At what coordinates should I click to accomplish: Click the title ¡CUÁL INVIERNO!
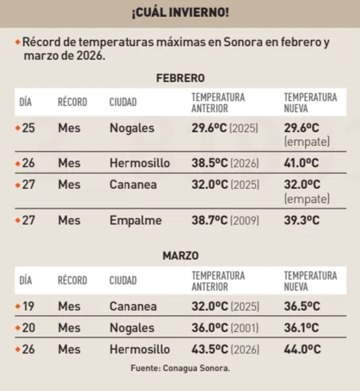coord(180,13)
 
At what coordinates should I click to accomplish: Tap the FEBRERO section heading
coord(180,78)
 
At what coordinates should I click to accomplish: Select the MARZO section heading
coord(180,256)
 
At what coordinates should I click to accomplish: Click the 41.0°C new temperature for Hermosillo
coord(301,163)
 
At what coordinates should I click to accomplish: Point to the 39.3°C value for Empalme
coord(302,221)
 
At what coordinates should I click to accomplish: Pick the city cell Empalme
coord(135,221)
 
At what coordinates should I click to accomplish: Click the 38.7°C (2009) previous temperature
coord(225,221)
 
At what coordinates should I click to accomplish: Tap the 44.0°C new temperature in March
coord(302,350)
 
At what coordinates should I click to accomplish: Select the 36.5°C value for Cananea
coord(302,306)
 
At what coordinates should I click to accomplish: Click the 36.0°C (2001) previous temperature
coord(225,328)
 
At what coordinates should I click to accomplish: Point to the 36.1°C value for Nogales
coord(301,328)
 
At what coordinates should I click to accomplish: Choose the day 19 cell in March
coord(28,306)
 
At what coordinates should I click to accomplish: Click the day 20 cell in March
coord(28,328)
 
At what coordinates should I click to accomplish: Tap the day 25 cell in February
coord(28,128)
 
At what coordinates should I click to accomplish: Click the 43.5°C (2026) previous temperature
coord(225,350)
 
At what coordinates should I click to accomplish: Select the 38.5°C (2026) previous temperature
coord(225,163)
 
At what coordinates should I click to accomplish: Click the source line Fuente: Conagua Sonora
coord(180,368)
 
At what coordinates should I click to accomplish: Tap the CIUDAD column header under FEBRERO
coord(123,102)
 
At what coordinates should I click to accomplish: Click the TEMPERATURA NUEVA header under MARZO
coord(310,281)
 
